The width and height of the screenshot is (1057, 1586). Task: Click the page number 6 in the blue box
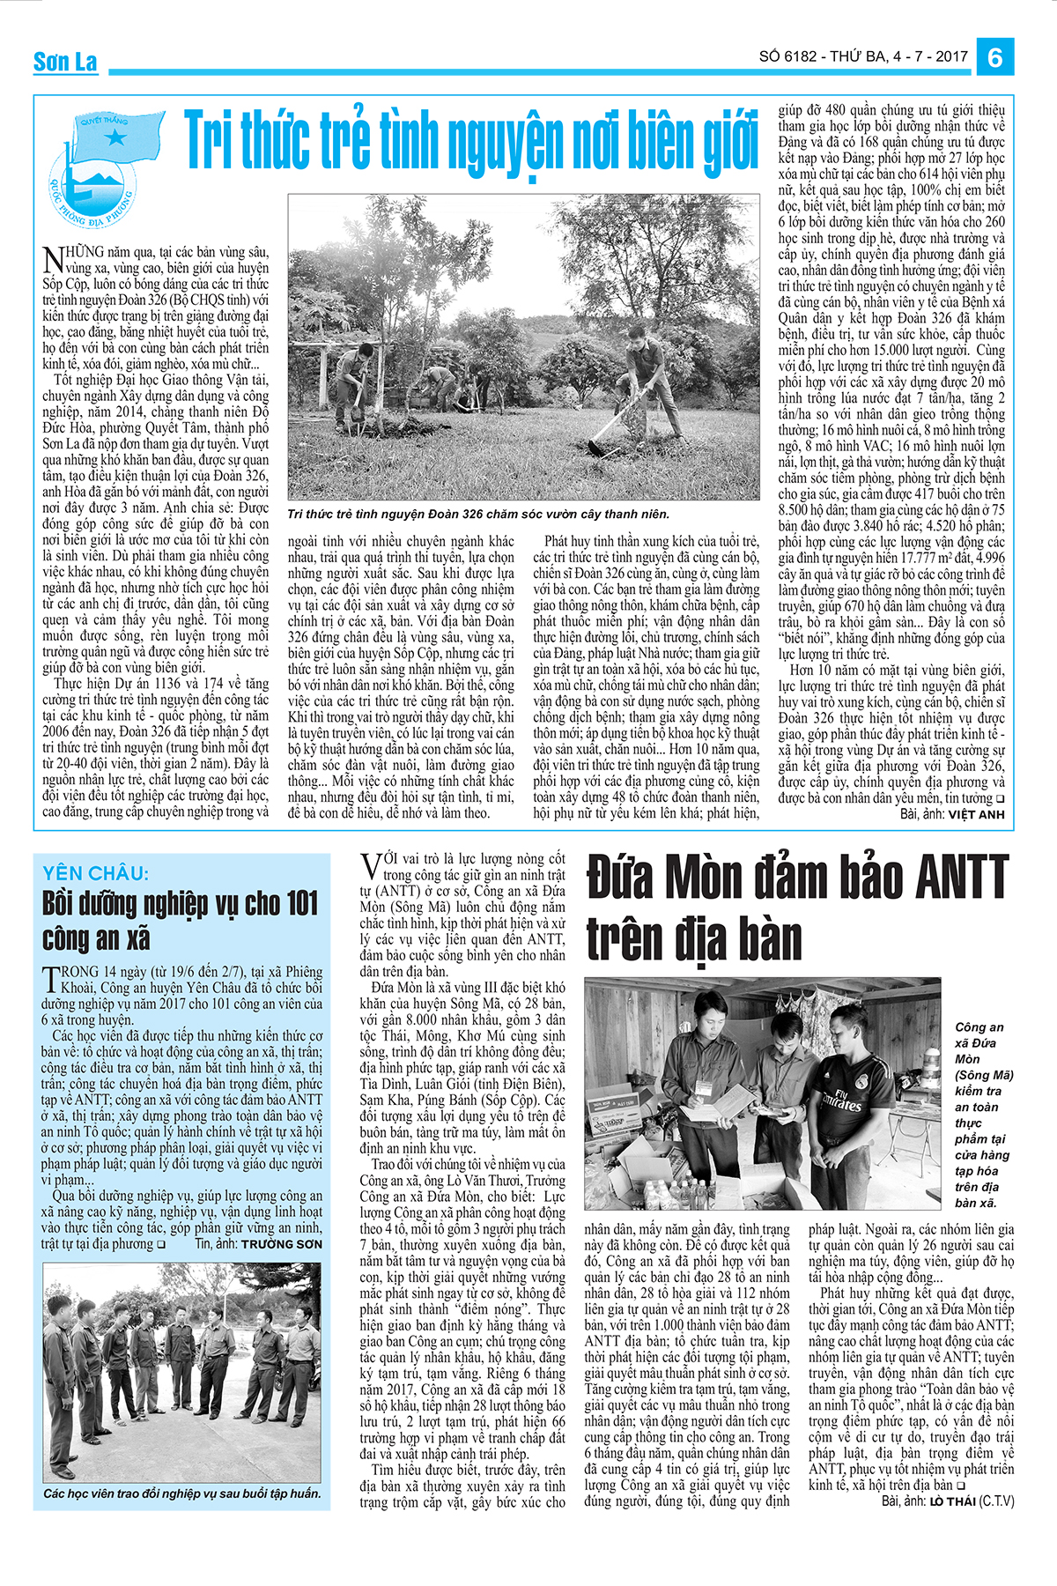pos(994,57)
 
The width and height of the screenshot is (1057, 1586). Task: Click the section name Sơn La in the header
pos(65,62)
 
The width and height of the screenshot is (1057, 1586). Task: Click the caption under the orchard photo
pos(478,514)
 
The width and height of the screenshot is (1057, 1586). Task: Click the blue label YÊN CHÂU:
pos(96,873)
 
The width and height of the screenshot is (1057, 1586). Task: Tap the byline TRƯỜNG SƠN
pos(282,1244)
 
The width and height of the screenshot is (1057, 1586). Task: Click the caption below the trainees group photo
pos(182,1493)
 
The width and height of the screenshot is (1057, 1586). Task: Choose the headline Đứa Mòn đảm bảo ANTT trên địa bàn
pos(796,907)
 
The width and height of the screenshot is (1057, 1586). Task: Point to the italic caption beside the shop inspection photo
pos(983,1115)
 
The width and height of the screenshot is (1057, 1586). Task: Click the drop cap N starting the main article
pos(52,259)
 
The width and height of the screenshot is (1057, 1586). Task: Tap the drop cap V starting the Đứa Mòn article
pos(371,865)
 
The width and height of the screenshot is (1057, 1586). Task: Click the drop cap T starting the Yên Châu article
pos(50,979)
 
